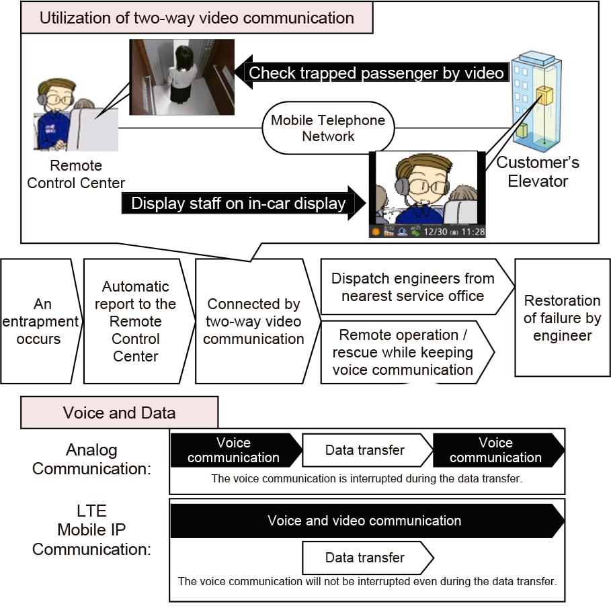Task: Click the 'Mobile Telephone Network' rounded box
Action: point(328,128)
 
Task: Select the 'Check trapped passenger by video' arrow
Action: point(372,73)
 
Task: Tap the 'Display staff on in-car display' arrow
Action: point(243,204)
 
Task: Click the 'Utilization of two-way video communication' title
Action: point(197,18)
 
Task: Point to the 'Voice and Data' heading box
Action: point(119,412)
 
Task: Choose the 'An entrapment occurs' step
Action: point(40,321)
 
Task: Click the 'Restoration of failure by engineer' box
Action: point(563,318)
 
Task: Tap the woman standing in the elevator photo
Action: point(182,75)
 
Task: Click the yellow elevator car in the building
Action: point(544,96)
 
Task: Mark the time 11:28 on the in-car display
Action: point(473,232)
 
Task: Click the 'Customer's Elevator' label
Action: point(538,172)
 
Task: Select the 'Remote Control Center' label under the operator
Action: point(76,174)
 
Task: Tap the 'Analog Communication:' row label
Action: point(91,460)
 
